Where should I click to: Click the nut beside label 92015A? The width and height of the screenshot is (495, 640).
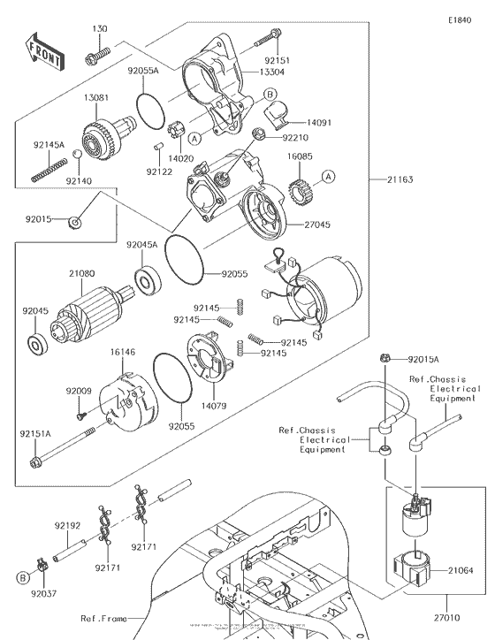coord(386,359)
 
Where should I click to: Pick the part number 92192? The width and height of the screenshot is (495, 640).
coord(68,525)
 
